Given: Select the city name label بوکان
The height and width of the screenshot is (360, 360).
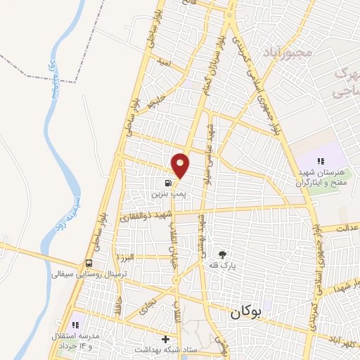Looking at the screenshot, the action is [245, 316].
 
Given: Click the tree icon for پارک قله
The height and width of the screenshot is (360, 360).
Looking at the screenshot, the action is [223, 254].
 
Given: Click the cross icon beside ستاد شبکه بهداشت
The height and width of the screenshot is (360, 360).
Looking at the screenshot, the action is [165, 339].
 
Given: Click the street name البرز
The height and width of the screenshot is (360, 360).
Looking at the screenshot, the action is [130, 258].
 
